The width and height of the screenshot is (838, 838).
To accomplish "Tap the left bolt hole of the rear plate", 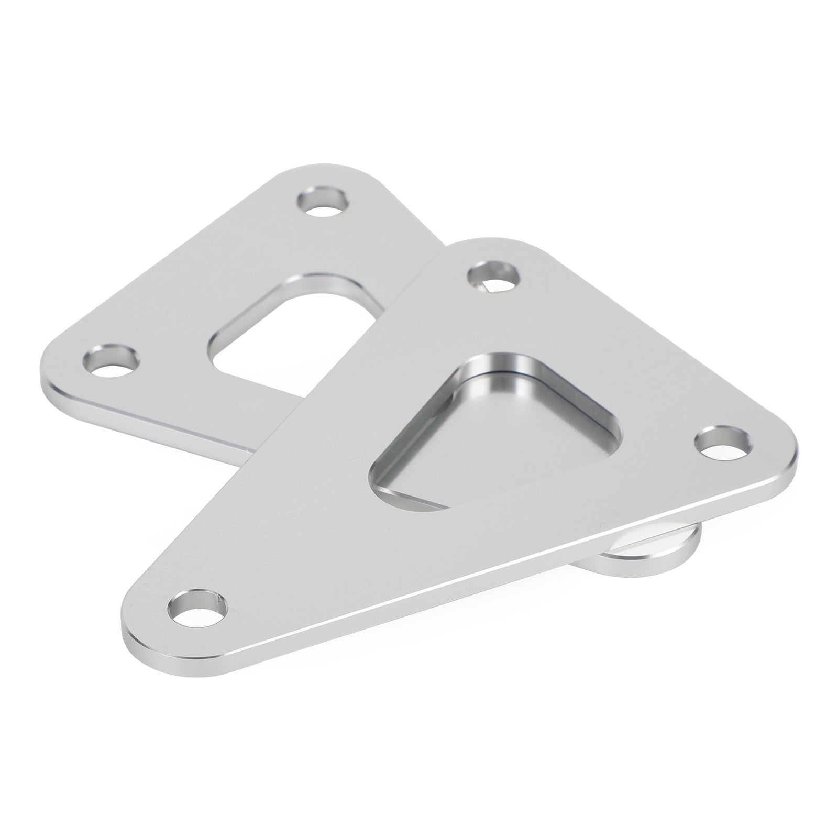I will [x=112, y=360].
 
